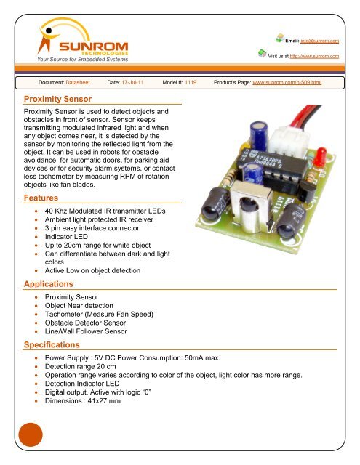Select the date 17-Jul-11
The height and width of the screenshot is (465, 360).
coord(134,84)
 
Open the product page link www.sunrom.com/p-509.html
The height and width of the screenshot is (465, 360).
coord(286,84)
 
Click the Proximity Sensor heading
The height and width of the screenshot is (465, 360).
coord(58,97)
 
